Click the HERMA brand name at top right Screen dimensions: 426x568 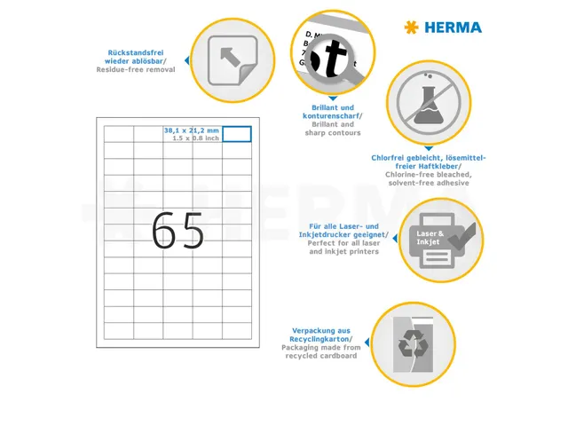pos(453,28)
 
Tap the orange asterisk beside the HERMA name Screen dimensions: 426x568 pos(410,28)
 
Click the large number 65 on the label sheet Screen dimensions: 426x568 pos(177,232)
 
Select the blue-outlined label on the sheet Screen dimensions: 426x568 pos(237,133)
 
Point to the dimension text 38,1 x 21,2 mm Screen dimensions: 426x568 pos(191,130)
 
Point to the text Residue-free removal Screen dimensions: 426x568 pos(136,69)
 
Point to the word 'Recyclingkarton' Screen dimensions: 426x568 pos(319,339)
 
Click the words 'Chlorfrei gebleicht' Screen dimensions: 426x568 pos(406,158)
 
